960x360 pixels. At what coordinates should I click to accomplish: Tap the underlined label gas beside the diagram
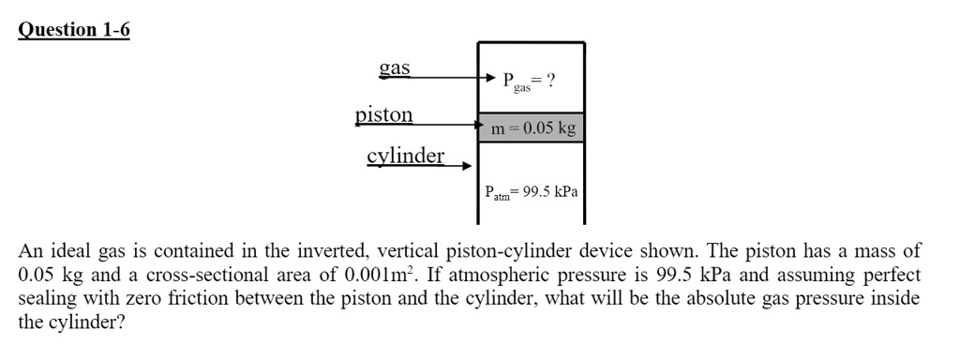(x=394, y=68)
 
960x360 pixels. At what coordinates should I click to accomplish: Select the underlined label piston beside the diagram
(x=383, y=115)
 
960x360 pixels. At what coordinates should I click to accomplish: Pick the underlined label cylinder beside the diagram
(x=405, y=156)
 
